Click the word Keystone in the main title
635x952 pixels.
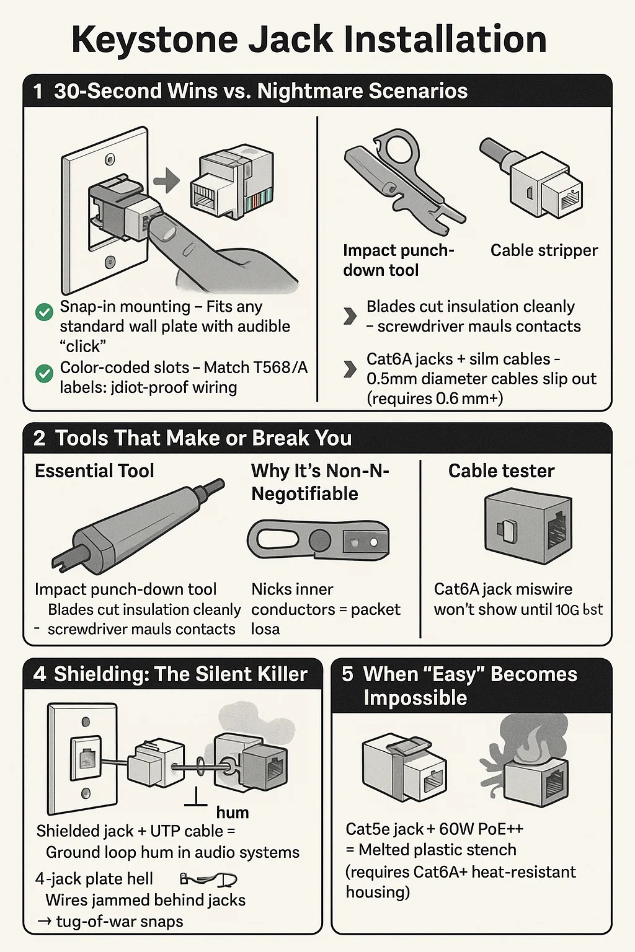coord(154,40)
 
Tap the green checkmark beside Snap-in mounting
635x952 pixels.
coord(44,312)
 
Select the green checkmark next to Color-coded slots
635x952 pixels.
coord(44,373)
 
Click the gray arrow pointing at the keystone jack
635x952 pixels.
coord(166,181)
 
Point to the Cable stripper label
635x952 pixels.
coord(544,250)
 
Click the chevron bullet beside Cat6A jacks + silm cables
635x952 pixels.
coord(350,369)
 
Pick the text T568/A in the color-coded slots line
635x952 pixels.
coord(281,368)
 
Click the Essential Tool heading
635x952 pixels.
coord(94,471)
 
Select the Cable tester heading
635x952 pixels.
coord(501,471)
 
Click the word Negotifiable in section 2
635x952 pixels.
coord(304,494)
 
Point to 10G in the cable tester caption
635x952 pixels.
coord(567,610)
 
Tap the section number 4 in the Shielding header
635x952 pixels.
coord(40,674)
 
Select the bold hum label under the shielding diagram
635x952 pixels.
coord(232,813)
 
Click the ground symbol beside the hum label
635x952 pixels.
coord(196,798)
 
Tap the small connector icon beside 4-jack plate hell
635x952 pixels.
coord(208,879)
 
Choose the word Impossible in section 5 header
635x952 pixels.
coord(415,699)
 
